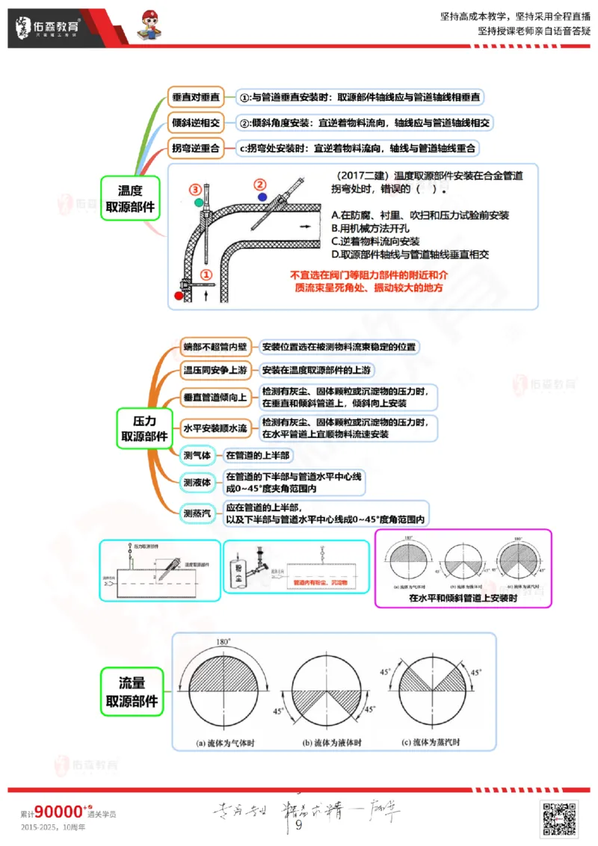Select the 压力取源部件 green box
click(x=145, y=428)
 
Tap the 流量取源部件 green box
click(x=132, y=692)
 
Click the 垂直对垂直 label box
click(x=196, y=97)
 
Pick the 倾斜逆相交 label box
click(x=196, y=123)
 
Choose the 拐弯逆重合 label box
click(x=196, y=148)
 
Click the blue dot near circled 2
click(x=262, y=197)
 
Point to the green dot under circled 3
click(x=197, y=202)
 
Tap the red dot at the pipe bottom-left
click(x=178, y=296)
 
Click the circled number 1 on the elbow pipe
click(x=207, y=275)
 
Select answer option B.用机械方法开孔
click(x=374, y=228)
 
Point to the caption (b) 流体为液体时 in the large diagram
click(x=332, y=744)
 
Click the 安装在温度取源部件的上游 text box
click(x=315, y=371)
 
